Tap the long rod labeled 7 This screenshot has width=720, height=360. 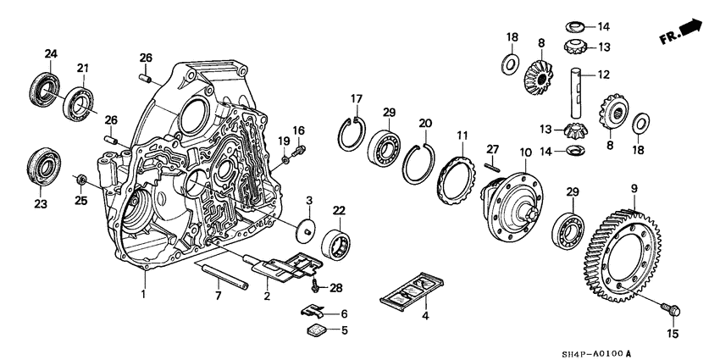coord(224,277)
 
